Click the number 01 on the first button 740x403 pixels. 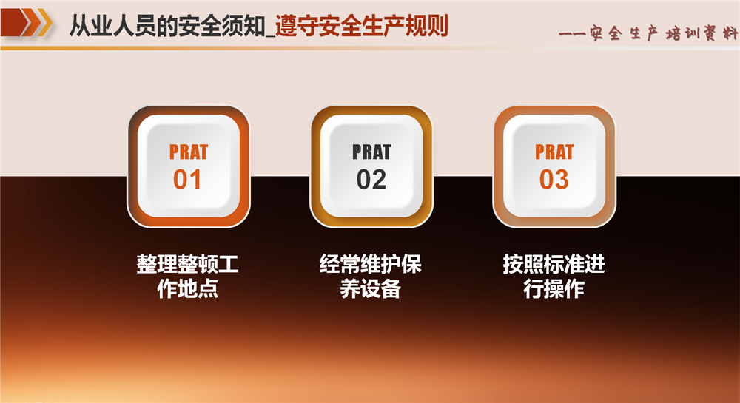click(x=187, y=180)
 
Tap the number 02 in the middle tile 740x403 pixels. click(x=371, y=180)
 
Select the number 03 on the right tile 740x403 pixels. click(x=554, y=180)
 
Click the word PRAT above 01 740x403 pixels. click(x=188, y=152)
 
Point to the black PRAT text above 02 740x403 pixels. click(x=371, y=152)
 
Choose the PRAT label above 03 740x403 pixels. click(x=554, y=152)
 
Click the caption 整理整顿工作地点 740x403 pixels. click(x=187, y=277)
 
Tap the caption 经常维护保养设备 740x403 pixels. click(x=371, y=277)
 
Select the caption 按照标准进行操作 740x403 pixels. click(x=554, y=277)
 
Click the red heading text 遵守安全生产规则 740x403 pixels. click(x=362, y=26)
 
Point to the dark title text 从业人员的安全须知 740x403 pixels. click(x=167, y=26)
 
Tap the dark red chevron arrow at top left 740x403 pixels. click(x=14, y=22)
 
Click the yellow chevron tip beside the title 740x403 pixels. click(x=45, y=22)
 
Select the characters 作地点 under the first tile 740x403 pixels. click(x=187, y=288)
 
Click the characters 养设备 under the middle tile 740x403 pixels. click(x=371, y=288)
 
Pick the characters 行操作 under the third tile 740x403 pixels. click(x=554, y=288)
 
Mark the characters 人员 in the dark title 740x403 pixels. click(x=135, y=26)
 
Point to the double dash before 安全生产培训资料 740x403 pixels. click(x=573, y=34)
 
